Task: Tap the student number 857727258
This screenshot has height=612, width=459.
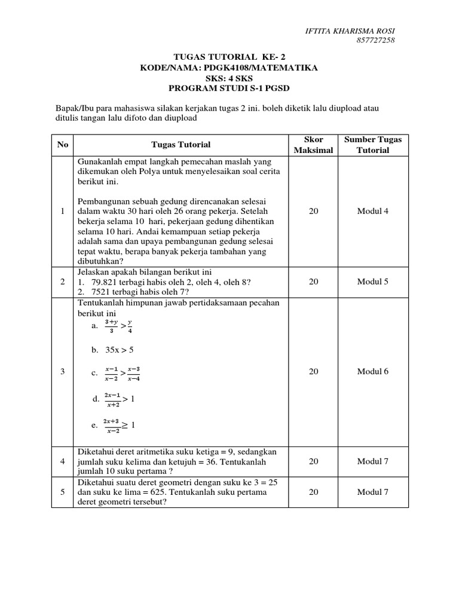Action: pyautogui.click(x=375, y=41)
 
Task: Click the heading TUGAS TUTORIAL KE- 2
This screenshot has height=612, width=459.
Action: pyautogui.click(x=229, y=58)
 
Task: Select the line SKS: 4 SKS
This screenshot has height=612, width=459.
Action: pyautogui.click(x=229, y=78)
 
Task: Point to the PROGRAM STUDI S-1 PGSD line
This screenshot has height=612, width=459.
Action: pyautogui.click(x=229, y=87)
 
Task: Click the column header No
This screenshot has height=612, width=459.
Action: pyautogui.click(x=63, y=145)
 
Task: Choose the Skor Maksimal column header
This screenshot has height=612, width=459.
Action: pyautogui.click(x=313, y=145)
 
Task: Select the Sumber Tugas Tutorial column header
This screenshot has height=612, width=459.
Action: pyautogui.click(x=373, y=145)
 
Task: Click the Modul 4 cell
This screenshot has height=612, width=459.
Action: pyautogui.click(x=373, y=212)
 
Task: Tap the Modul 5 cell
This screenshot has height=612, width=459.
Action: pyautogui.click(x=373, y=281)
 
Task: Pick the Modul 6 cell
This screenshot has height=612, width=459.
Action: pyautogui.click(x=373, y=371)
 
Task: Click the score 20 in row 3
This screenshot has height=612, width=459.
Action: pyautogui.click(x=313, y=371)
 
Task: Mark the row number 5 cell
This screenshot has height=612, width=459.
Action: pyautogui.click(x=63, y=492)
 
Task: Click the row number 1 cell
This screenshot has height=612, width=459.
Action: pyautogui.click(x=63, y=212)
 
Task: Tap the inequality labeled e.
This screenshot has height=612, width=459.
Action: pyautogui.click(x=120, y=426)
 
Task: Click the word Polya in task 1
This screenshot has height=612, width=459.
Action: pyautogui.click(x=140, y=172)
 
